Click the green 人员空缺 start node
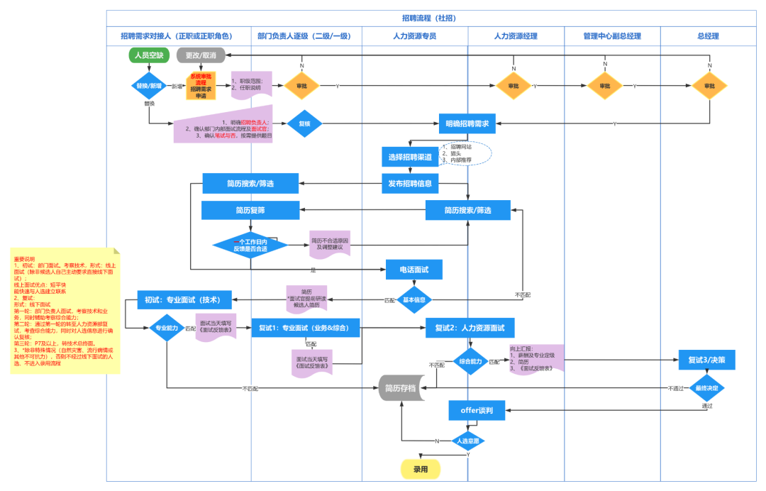point(149,55)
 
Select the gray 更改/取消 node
point(201,55)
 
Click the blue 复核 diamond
point(305,123)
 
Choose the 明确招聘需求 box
point(467,123)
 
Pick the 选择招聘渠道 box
point(410,158)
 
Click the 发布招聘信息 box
point(410,184)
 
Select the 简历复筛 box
point(250,210)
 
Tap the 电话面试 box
point(414,270)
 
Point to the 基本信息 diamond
point(414,299)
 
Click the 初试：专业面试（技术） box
point(184,300)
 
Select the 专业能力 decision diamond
point(166,328)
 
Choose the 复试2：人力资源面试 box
point(470,328)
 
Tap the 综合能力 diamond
point(470,361)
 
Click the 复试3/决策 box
point(706,360)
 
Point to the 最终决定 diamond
point(706,388)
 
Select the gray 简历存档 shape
point(401,388)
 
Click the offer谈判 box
point(477,410)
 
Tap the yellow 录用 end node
point(421,469)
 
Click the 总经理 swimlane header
point(708,36)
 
